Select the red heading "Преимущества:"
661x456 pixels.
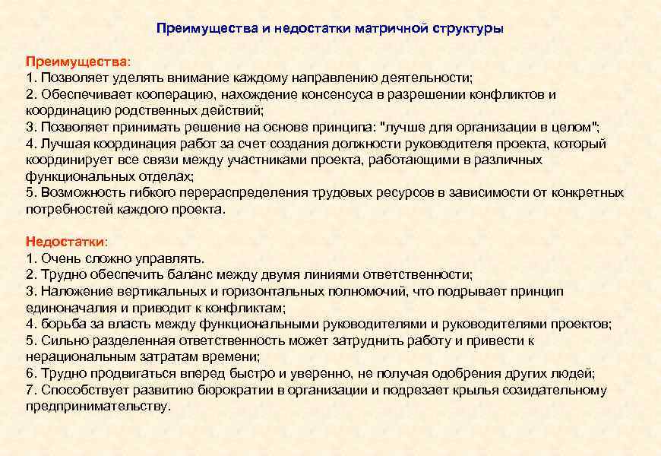[x=78, y=61]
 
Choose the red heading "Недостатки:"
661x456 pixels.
[x=67, y=241]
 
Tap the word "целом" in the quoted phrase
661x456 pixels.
[x=571, y=127]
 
